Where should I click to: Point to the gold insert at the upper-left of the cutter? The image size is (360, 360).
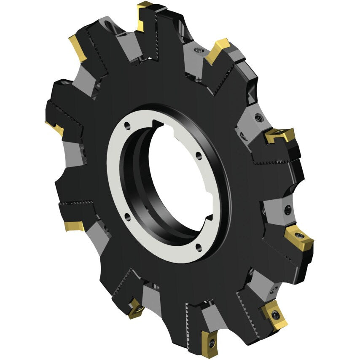(78, 47)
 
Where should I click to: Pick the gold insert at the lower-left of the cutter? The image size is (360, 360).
(73, 226)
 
